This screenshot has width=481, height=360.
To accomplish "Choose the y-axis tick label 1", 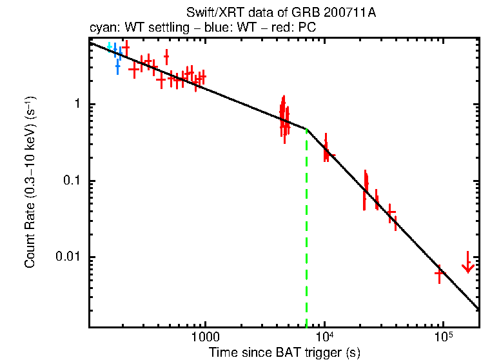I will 75,105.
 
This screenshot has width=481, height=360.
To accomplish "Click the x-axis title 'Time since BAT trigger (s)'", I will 284,352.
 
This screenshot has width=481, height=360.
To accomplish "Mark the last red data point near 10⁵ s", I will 440,273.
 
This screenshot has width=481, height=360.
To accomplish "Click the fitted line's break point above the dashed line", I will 306,130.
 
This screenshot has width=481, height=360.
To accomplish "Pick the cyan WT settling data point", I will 109,46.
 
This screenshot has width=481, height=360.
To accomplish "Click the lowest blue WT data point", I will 117,66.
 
